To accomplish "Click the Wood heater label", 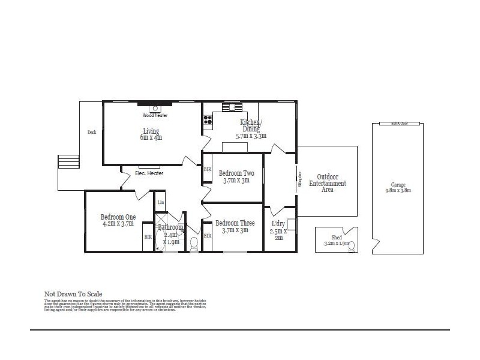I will tap(155, 115).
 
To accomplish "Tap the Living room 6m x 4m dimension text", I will tap(152, 137).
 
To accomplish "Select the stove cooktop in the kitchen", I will tap(208, 120).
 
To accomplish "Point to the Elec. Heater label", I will tap(149, 173).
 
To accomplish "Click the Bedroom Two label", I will tap(236, 173).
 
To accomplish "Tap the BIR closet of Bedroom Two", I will tap(208, 170).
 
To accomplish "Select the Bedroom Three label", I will tap(235, 223).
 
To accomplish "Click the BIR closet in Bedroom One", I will tap(148, 238).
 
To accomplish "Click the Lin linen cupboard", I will tap(161, 202).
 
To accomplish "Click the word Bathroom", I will tap(170, 227).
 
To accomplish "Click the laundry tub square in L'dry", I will tap(291, 224).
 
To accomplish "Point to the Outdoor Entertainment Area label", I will tap(327, 183).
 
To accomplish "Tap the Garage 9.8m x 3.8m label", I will tap(398, 188).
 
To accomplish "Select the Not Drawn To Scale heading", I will tap(73, 294).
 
